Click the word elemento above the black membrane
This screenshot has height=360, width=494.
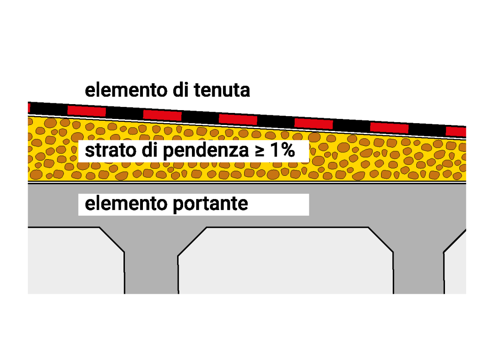coord(126,90)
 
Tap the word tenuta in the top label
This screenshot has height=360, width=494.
coord(222,90)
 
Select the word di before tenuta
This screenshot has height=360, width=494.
coord(180,90)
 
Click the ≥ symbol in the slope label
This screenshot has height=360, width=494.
coord(259,151)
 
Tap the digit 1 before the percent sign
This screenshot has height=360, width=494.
coord(275,150)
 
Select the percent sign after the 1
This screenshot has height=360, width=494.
coord(288,150)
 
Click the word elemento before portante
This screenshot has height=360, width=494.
coord(126,204)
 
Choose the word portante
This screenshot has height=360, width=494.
coord(210,205)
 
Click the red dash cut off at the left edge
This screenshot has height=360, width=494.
coord(29,108)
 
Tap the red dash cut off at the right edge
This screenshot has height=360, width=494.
coord(456,131)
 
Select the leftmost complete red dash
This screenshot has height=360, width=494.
coord(86,111)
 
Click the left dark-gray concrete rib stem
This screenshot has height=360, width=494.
coord(151,271)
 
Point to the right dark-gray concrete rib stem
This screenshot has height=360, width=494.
coord(419,271)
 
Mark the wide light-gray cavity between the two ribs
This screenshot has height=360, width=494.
coord(285,261)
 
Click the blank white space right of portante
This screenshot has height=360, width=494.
coord(278,205)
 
